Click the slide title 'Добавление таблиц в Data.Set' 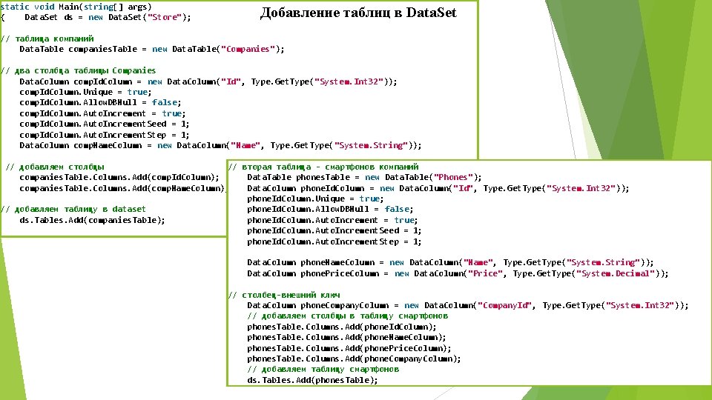coord(358,13)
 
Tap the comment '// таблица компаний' coord(47,39)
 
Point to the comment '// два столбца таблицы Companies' coord(78,70)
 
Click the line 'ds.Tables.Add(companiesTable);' coord(92,220)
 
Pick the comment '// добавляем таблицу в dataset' coord(73,209)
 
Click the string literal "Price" coord(487,273)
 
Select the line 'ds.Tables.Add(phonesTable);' coord(312,380)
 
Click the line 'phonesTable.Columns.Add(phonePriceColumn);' coord(349,348)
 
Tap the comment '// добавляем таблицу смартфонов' coord(323,369)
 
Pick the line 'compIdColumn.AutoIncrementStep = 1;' coord(104,135)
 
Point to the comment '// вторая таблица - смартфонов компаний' coord(323,167)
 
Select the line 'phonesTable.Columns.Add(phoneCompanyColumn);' coord(354,359)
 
